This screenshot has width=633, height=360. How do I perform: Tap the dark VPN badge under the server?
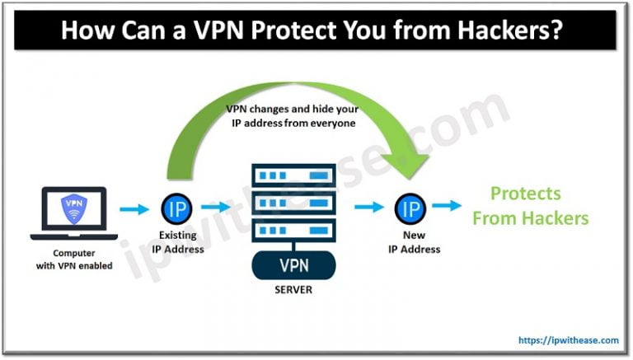(x=295, y=267)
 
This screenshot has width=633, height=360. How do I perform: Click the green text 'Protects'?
(x=525, y=194)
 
